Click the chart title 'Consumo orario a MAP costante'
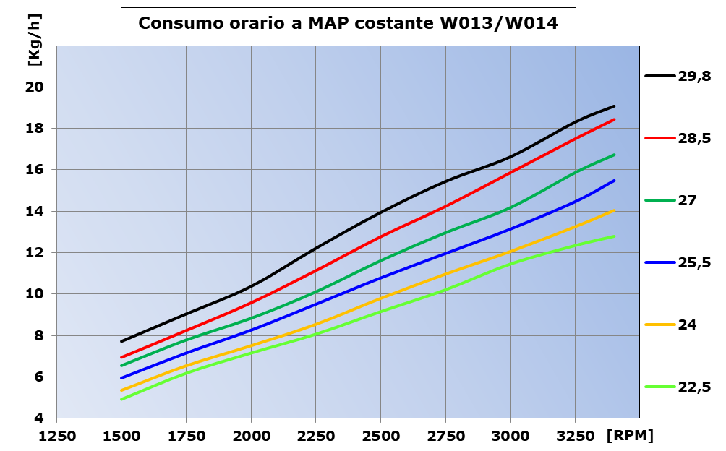click(348, 23)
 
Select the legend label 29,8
click(694, 76)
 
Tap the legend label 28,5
click(694, 138)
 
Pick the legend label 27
click(687, 200)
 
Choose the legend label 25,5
click(694, 262)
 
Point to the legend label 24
click(687, 325)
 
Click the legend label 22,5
click(694, 387)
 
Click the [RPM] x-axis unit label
click(631, 436)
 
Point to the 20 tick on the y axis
click(35, 87)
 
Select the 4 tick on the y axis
click(40, 418)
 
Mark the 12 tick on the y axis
click(35, 253)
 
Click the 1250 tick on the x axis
click(56, 436)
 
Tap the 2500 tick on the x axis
click(380, 436)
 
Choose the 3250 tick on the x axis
click(575, 436)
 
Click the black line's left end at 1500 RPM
click(121, 341)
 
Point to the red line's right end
click(614, 119)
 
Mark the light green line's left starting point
click(121, 399)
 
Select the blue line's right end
click(614, 181)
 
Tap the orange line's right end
click(614, 210)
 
